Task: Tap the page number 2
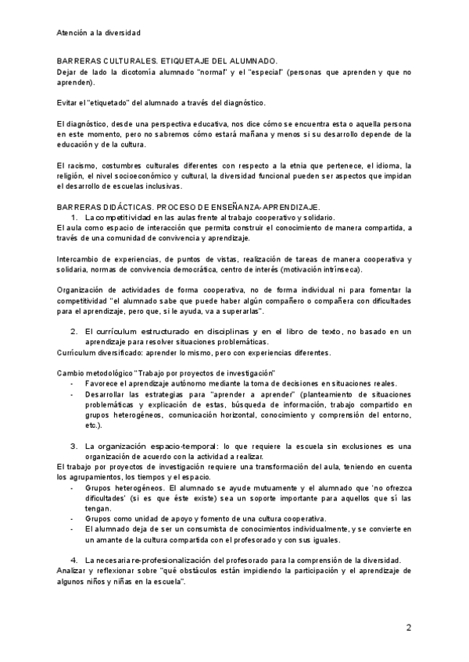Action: point(408,628)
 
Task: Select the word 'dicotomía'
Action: point(129,72)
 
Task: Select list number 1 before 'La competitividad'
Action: point(74,216)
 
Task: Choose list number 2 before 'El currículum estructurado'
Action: point(74,331)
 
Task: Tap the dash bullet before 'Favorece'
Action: point(72,383)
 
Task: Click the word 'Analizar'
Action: point(74,571)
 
